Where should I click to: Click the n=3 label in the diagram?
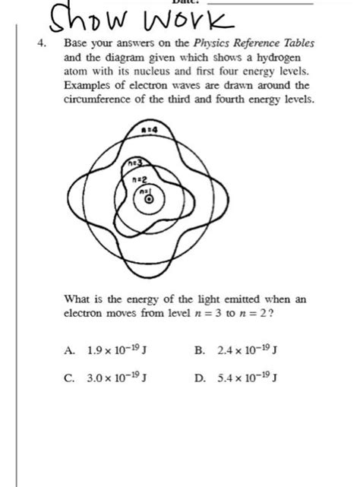pyautogui.click(x=136, y=161)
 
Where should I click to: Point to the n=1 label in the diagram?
pyautogui.click(x=142, y=191)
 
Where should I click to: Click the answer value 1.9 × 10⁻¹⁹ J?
pyautogui.click(x=114, y=351)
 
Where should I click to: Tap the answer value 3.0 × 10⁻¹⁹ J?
pyautogui.click(x=114, y=379)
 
